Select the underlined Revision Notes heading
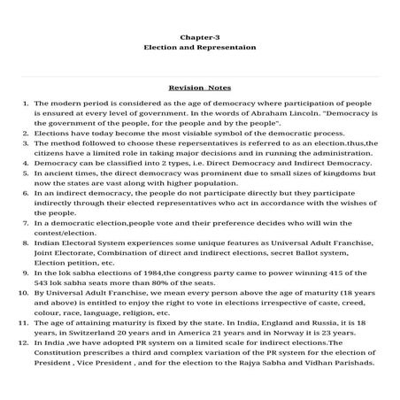[199, 88]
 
